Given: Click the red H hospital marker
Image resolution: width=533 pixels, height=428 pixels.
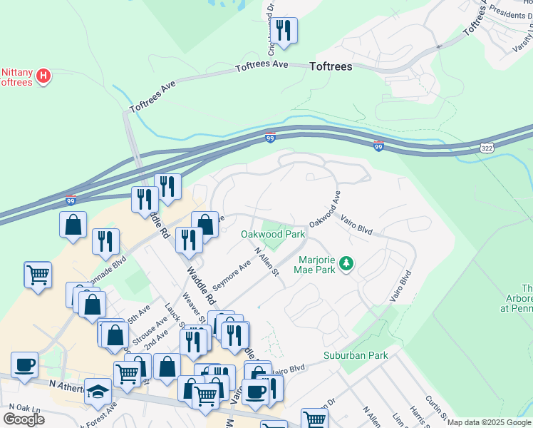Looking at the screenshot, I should click(43, 76).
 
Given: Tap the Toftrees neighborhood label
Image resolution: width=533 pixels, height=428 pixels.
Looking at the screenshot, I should click(331, 66).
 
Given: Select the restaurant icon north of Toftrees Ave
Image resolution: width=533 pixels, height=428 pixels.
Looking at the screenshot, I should click(284, 31).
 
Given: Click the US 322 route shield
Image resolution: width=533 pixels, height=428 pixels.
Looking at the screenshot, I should click(486, 146).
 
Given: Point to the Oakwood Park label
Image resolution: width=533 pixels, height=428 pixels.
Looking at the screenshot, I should click(272, 234).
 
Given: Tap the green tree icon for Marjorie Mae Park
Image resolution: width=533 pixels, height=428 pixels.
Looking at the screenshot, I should click(346, 265).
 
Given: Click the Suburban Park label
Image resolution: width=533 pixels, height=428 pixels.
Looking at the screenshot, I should click(355, 355).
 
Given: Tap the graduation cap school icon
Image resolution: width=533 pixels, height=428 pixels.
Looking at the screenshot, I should click(98, 392).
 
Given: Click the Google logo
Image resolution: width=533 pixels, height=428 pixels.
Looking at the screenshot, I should click(24, 419).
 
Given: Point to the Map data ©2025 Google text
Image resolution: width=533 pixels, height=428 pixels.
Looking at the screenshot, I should click(489, 422).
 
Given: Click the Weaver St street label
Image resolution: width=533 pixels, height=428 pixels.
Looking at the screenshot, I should click(193, 308).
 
